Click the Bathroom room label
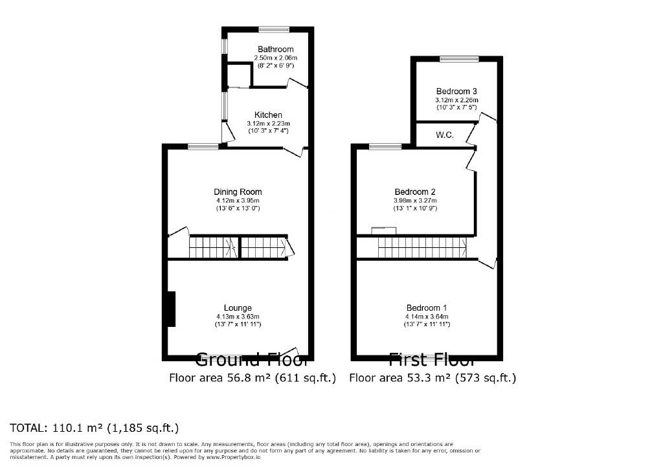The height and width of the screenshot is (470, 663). coord(275,49)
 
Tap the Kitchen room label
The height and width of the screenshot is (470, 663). coord(267,115)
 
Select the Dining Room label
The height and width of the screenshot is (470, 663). coord(238,192)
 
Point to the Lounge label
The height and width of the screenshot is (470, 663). coord(238,308)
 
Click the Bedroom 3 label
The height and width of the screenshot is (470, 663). coord(456,91)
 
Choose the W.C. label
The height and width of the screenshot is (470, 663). coord(444,135)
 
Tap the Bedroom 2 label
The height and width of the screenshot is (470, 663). coord(415,192)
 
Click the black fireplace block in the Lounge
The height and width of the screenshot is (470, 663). coord(171,309)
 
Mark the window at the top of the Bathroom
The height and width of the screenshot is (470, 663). coord(273,28)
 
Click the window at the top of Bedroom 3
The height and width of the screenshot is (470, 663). coord(458,60)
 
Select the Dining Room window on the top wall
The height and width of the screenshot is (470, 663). coord(203,146)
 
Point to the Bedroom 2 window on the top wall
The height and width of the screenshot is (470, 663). coord(385,146)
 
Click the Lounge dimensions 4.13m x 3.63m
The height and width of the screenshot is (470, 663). coord(238,316)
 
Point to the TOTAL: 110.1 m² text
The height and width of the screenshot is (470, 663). coord(95,428)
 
